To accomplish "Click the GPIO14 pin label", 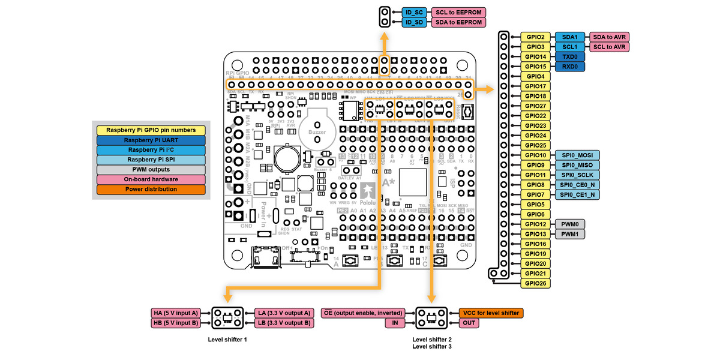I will (x=535, y=56).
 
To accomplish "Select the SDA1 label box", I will (x=569, y=37).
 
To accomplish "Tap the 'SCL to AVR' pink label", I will (x=610, y=47).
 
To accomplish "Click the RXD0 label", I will (x=569, y=66).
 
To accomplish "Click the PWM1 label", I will (x=569, y=233).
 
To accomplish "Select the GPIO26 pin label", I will (x=535, y=283).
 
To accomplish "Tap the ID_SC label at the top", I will (x=415, y=12).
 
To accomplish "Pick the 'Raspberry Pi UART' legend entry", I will (x=151, y=140).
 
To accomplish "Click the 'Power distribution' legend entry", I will (x=151, y=189).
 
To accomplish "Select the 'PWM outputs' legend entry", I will (x=151, y=169).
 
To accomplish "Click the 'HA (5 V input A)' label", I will (x=175, y=313).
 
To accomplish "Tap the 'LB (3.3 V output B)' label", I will (x=283, y=323).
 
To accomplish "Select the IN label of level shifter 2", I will (x=395, y=323).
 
